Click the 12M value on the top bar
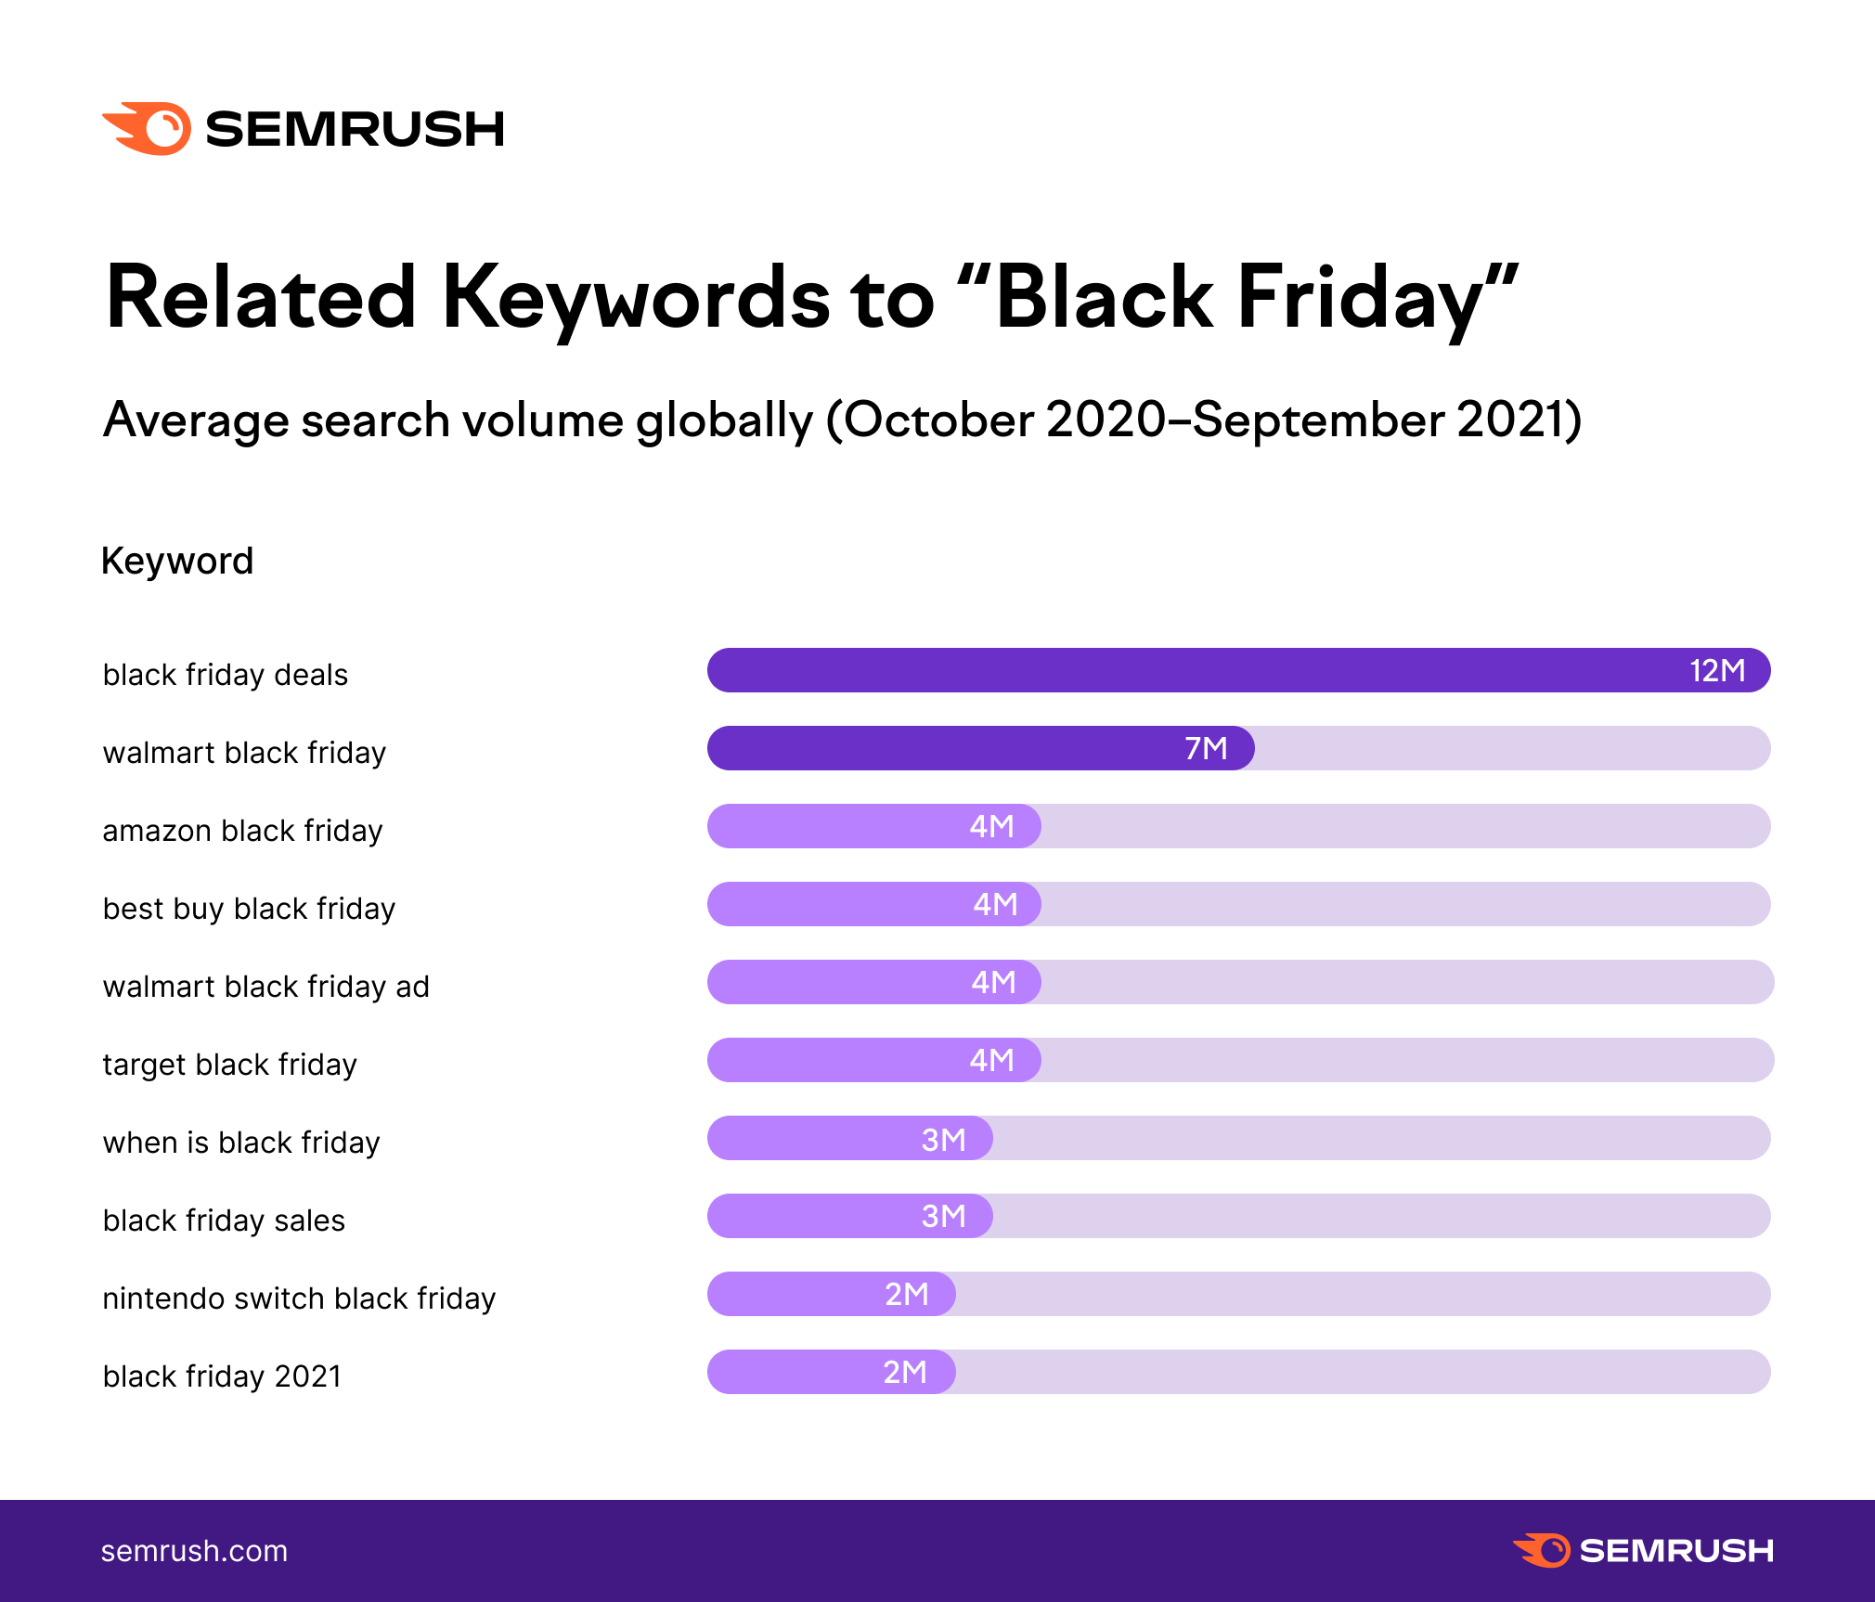1717,670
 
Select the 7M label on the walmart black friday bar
1206,748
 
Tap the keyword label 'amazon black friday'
242,831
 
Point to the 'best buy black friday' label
249,909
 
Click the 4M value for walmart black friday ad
993,982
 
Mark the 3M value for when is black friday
943,1139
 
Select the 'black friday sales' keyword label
224,1221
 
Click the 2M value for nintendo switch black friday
906,1294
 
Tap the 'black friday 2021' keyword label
222,1376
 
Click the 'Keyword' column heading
177,562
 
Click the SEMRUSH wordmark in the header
355,129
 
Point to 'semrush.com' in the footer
194,1551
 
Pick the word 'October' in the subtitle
937,420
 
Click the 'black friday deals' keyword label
226,675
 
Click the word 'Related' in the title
261,299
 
